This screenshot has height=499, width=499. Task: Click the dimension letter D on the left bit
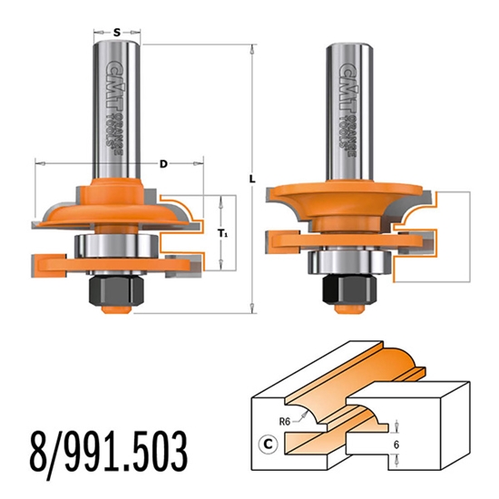coord(162,164)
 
